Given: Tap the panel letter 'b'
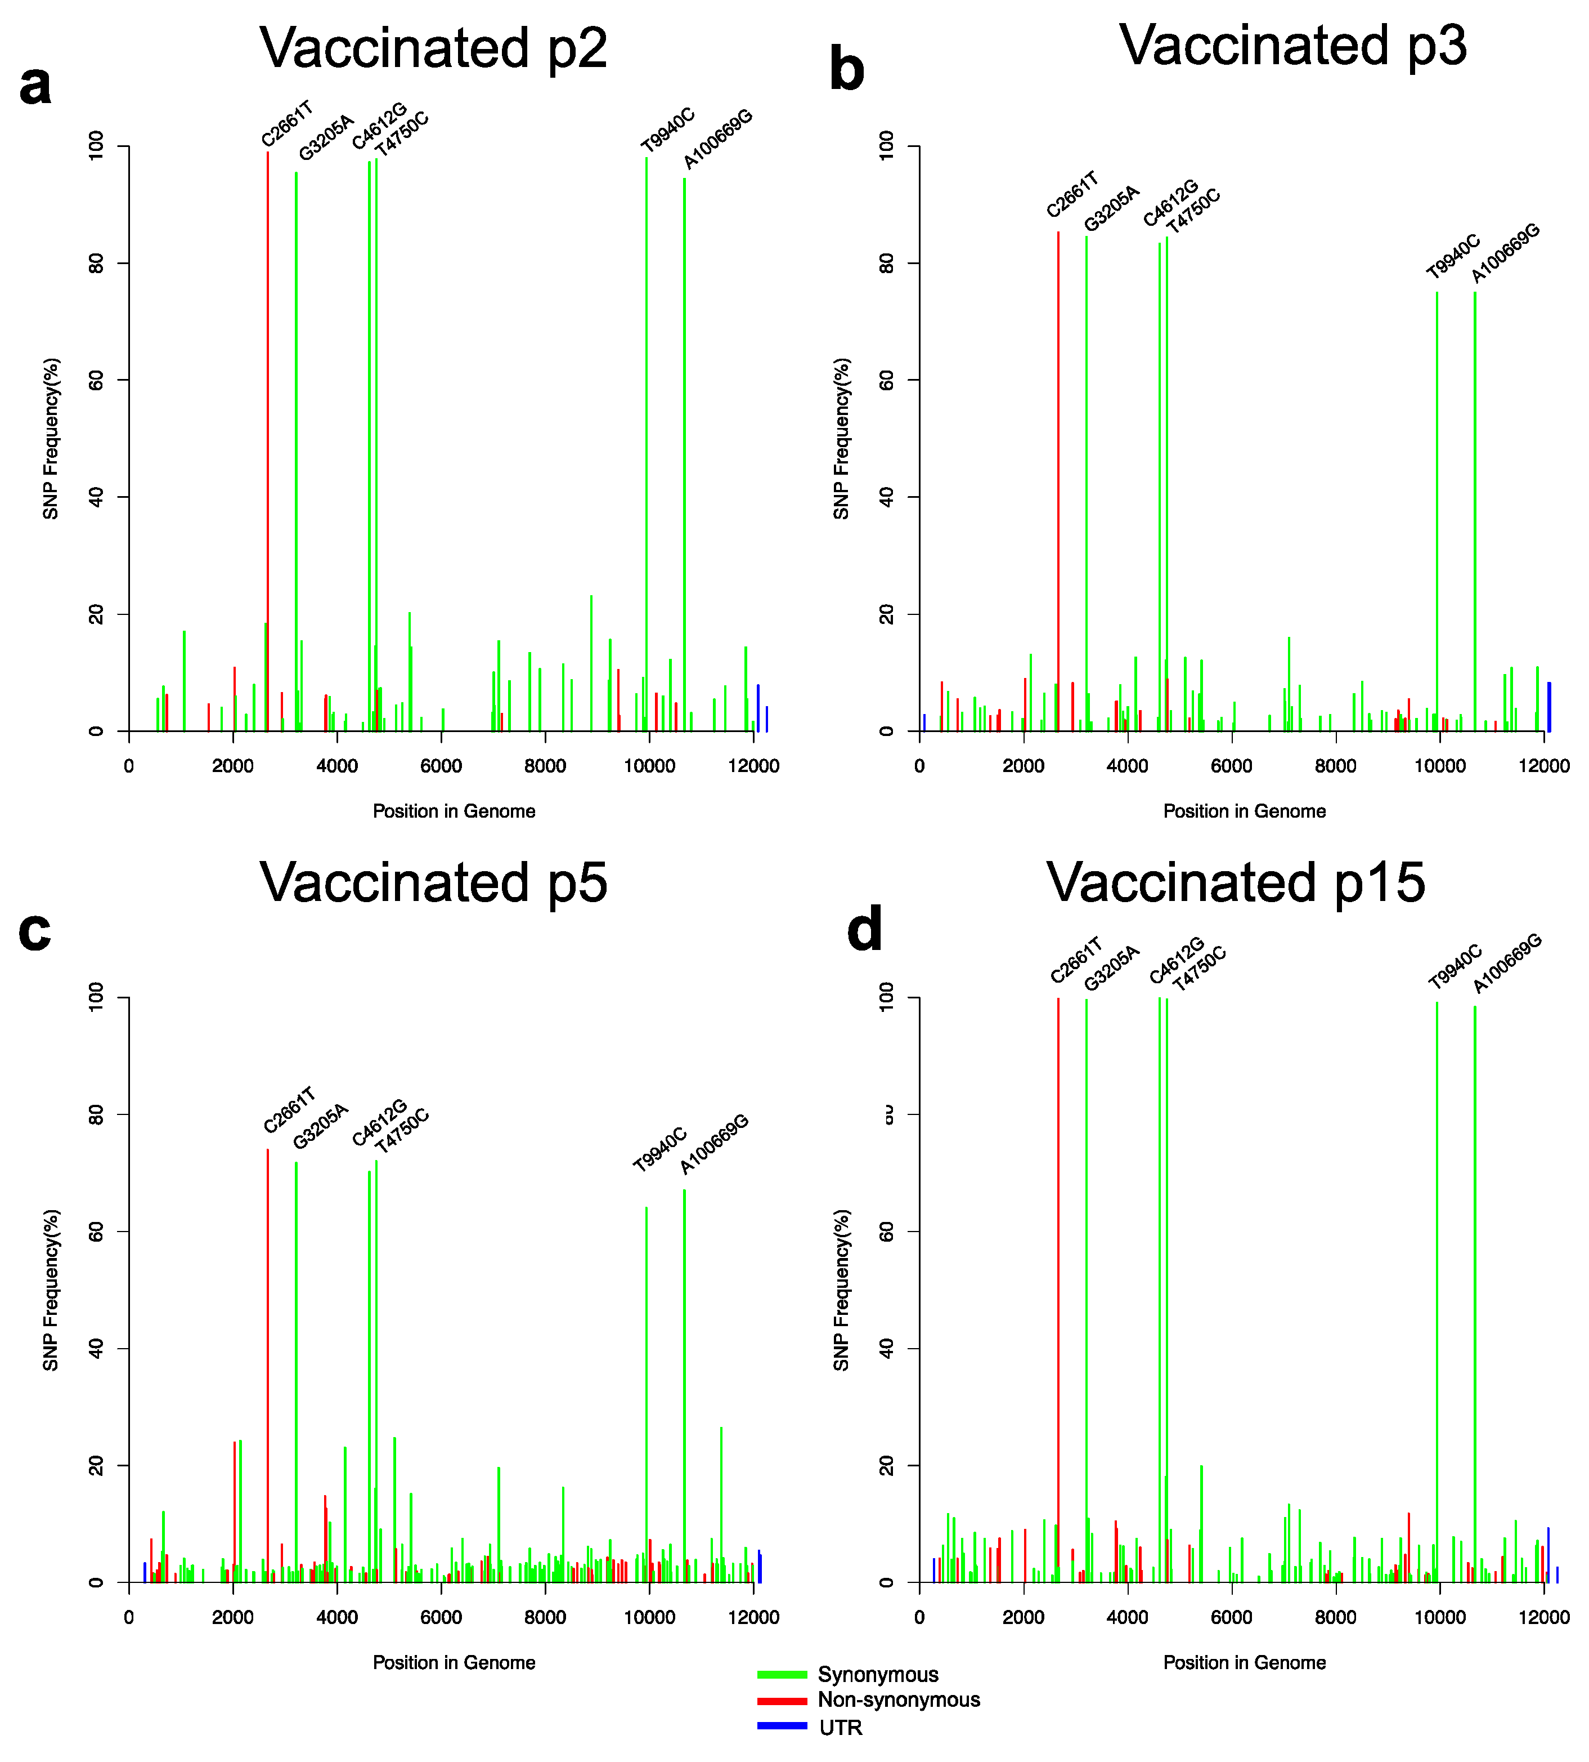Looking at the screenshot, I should [846, 71].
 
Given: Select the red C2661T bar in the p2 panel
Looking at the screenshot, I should [268, 437].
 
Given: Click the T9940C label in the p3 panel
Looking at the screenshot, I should [1453, 256].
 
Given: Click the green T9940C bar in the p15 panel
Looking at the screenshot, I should [1437, 1293].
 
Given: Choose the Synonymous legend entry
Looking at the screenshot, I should [877, 1675].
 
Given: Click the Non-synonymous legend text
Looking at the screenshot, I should [899, 1700].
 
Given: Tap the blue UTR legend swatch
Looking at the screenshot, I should [782, 1726].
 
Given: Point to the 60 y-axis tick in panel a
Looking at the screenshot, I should [96, 380].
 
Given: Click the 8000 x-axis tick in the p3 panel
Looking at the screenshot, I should [1336, 766].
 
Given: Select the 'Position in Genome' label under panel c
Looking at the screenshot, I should [454, 1662].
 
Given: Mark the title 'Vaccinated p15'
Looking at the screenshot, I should [1236, 882].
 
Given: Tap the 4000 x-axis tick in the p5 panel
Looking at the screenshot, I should [337, 1618].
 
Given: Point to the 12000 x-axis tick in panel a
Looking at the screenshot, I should [753, 766].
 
